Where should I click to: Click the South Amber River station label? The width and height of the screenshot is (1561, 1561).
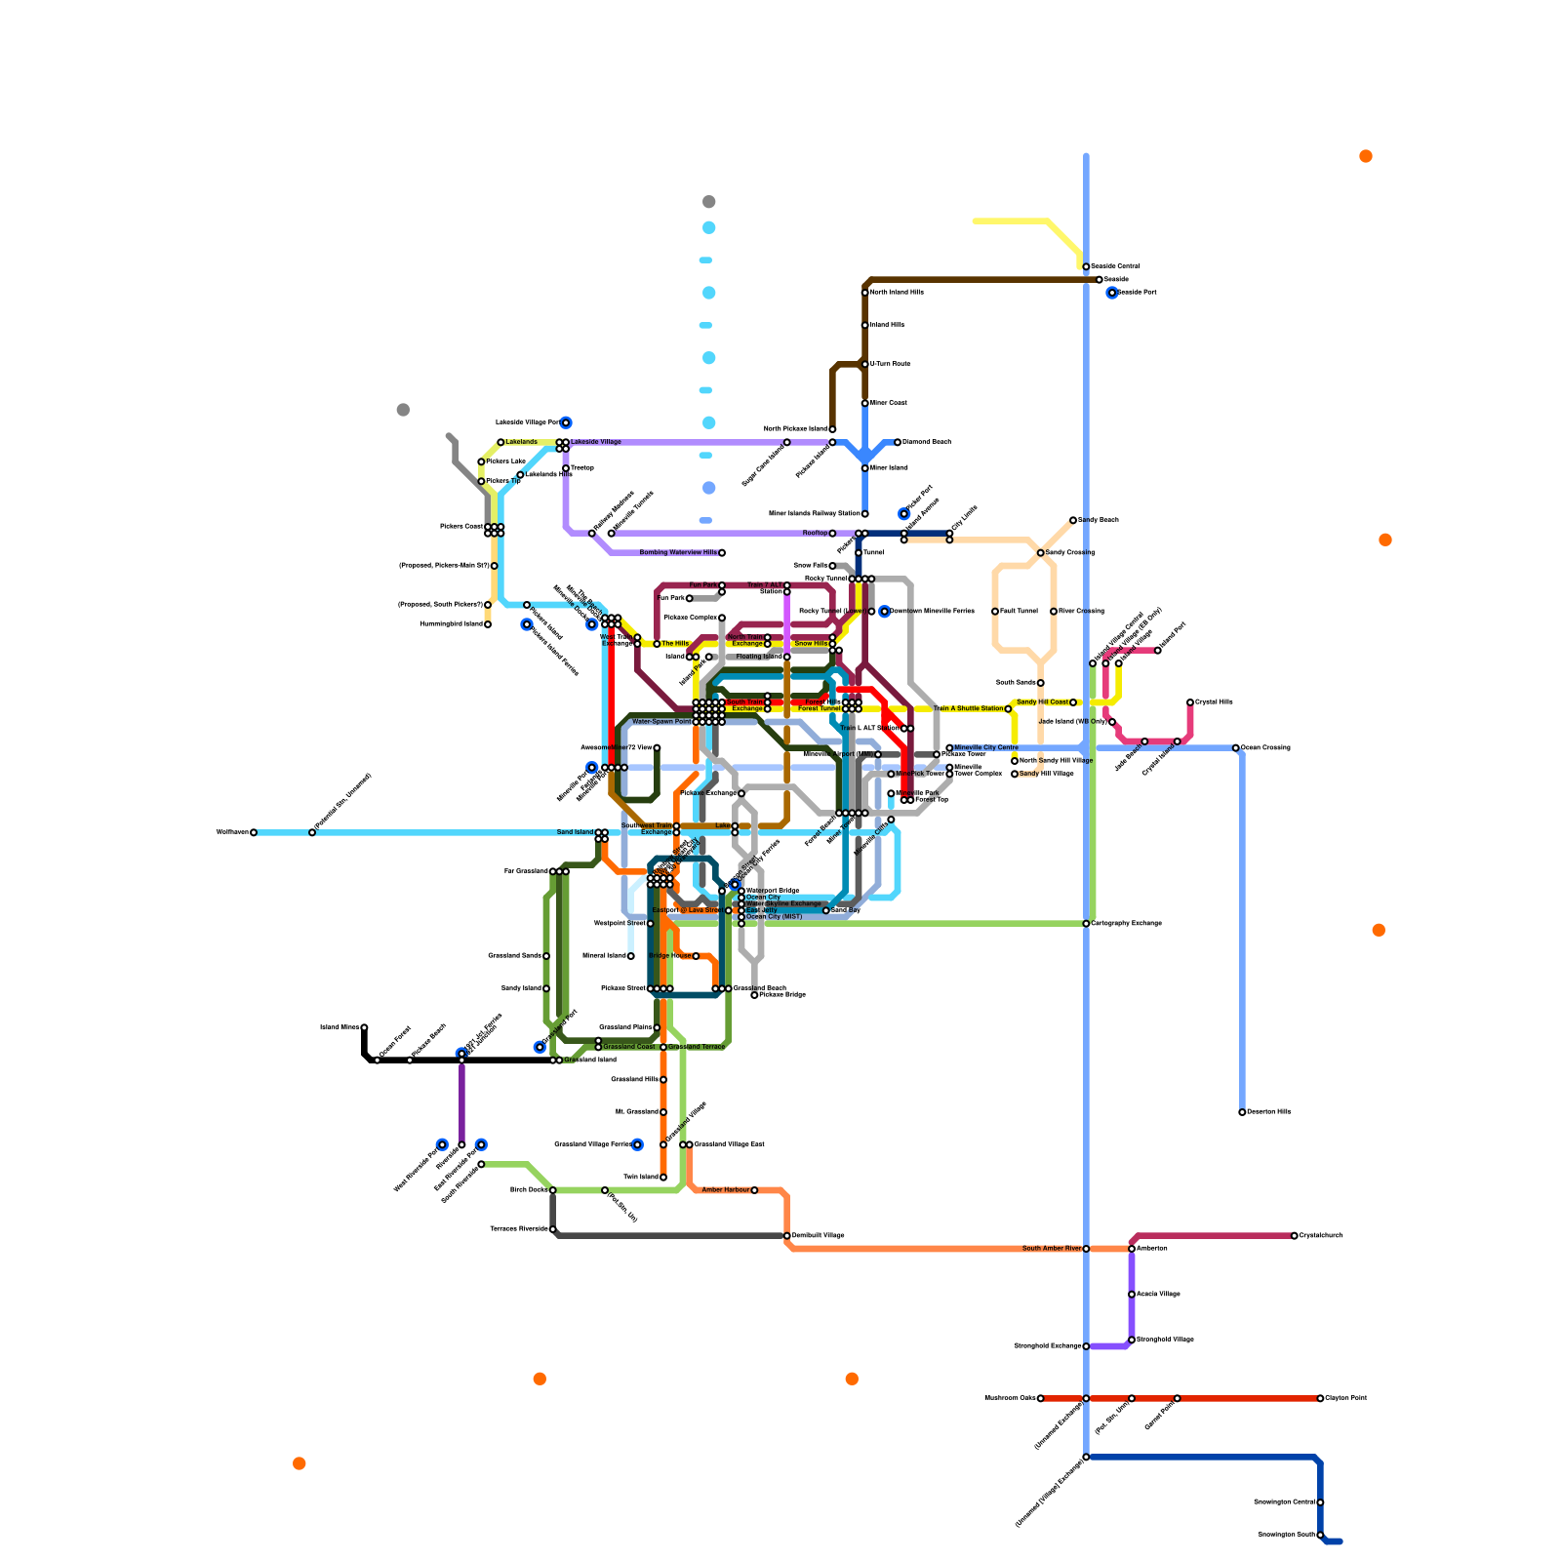(x=1052, y=1249)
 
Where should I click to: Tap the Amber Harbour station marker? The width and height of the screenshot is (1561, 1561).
(x=754, y=1190)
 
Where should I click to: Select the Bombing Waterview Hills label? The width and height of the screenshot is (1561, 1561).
(x=678, y=553)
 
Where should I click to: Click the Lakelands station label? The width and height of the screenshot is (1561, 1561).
(x=521, y=442)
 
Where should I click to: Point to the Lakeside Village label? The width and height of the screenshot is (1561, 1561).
(x=596, y=442)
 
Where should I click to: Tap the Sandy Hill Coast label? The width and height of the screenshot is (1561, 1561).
(x=1042, y=702)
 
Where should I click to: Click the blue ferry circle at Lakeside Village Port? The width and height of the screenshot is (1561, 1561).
(x=566, y=422)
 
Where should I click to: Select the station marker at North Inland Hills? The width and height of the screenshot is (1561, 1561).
(x=865, y=293)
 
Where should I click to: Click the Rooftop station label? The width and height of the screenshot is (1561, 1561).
(x=815, y=534)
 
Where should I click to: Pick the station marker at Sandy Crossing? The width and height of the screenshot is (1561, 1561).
(x=1041, y=553)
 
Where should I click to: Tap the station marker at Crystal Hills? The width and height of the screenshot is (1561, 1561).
(x=1190, y=702)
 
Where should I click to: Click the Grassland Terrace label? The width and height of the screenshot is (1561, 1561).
(x=697, y=1047)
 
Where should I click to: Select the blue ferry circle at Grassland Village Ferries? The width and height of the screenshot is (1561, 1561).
(x=637, y=1144)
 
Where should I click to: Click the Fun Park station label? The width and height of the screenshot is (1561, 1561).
(x=702, y=585)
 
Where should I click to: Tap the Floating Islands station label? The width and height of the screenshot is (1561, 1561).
(x=759, y=657)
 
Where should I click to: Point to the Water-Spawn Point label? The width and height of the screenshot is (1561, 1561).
(x=661, y=722)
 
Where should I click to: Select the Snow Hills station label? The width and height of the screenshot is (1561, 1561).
(x=811, y=644)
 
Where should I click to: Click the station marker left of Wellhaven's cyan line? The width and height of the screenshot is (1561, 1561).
(x=254, y=832)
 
